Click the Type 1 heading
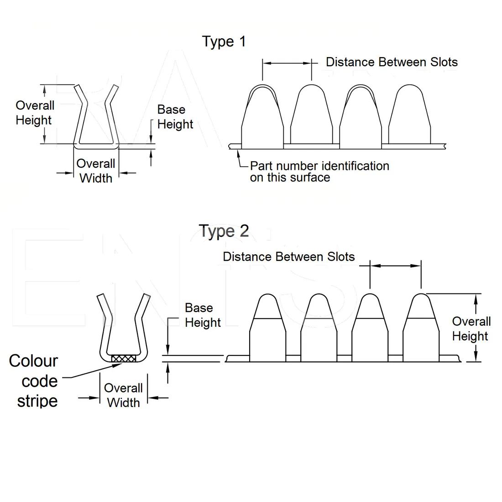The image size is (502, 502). (x=224, y=42)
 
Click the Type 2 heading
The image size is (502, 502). (x=224, y=231)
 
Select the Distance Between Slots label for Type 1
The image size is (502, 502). (x=392, y=62)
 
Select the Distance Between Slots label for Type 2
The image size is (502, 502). (x=288, y=256)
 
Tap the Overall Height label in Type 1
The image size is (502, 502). (x=35, y=113)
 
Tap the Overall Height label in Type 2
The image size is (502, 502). (x=471, y=329)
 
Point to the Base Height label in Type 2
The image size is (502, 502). (x=202, y=315)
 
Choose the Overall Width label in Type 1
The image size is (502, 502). (x=96, y=171)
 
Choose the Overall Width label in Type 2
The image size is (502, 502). (x=123, y=395)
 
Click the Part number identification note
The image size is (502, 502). (x=319, y=172)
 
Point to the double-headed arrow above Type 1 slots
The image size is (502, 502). (x=287, y=64)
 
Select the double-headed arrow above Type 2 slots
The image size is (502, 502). (x=395, y=265)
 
